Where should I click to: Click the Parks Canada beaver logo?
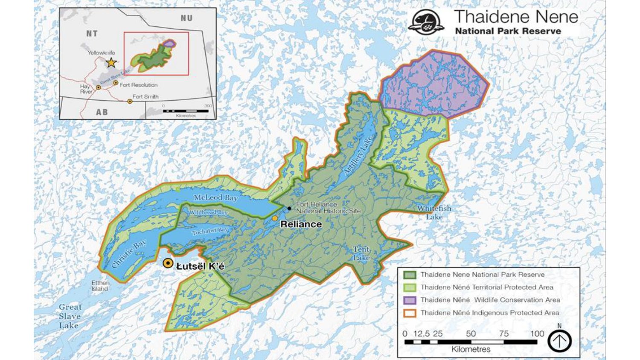(426, 22)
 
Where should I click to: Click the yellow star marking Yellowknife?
(111, 63)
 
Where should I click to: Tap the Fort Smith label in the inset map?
(145, 97)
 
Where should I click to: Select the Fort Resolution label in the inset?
(138, 85)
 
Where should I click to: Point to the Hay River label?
(86, 89)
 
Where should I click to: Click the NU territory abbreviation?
(186, 18)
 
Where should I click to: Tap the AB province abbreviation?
(102, 112)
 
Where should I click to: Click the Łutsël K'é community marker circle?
(168, 264)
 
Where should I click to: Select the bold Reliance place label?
(301, 224)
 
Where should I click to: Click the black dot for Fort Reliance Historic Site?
(289, 209)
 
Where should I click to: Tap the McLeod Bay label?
(215, 197)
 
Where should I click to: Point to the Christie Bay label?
(129, 254)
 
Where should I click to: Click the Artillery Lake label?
(358, 155)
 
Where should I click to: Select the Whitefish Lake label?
(434, 212)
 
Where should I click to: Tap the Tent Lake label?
(361, 253)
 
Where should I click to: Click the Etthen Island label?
(100, 286)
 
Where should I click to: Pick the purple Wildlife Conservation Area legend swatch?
(410, 300)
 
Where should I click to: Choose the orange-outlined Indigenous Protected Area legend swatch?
(410, 313)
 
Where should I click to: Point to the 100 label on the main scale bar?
(537, 334)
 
